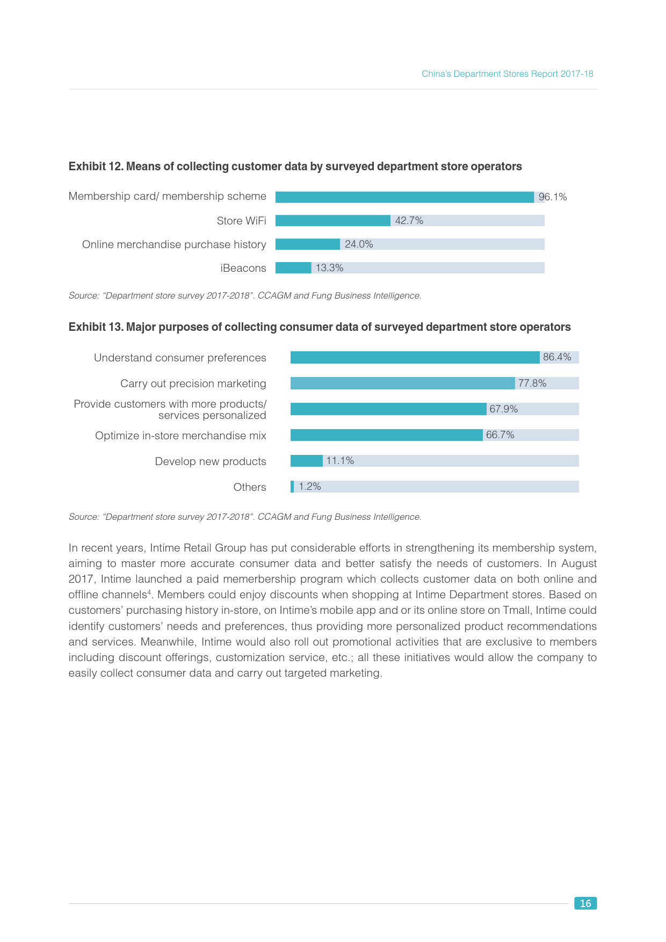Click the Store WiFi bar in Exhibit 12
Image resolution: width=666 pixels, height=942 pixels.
tap(332, 221)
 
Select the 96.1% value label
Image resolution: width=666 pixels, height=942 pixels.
tap(553, 197)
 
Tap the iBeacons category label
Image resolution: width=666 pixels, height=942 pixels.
tap(243, 269)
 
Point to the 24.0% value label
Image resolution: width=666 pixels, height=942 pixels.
tap(359, 244)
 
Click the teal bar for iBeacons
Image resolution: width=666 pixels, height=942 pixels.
tap(293, 268)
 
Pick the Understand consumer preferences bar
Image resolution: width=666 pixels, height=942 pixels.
tap(415, 358)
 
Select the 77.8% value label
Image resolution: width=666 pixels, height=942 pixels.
tap(532, 383)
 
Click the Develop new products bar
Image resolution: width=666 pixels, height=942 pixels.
tap(307, 461)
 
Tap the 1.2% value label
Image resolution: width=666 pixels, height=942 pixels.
tap(310, 487)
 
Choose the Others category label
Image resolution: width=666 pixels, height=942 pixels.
tap(250, 487)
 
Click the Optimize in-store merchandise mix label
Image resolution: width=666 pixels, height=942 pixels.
tap(180, 436)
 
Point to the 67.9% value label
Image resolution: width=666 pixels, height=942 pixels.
tap(504, 409)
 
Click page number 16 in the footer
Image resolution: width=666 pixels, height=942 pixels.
tap(585, 903)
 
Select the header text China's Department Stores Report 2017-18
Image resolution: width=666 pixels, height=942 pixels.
tap(507, 74)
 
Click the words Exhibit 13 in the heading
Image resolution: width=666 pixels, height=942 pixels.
tap(96, 328)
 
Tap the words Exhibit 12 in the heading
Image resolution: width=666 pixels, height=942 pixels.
tap(96, 167)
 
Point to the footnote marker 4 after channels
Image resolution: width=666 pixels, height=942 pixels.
tap(149, 592)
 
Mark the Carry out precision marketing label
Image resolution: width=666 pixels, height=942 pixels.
tap(193, 384)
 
